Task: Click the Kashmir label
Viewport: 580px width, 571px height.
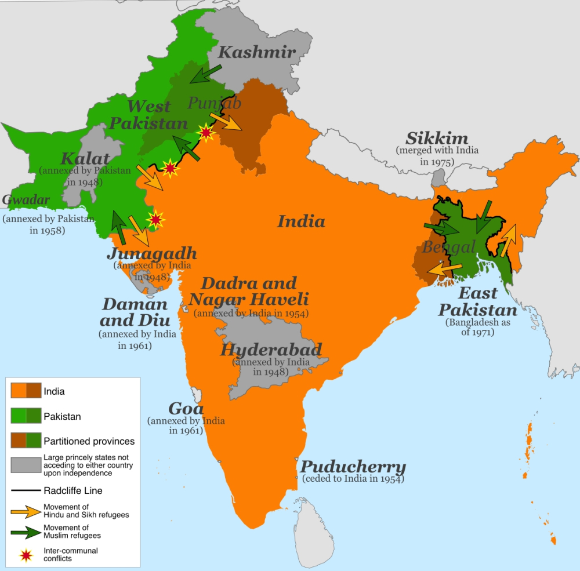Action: pos(256,52)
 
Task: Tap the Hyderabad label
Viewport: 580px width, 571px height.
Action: pos(271,350)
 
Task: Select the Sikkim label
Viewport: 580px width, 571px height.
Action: pos(437,138)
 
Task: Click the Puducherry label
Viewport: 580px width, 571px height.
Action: pos(353,467)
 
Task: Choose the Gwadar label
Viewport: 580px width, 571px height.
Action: pos(26,200)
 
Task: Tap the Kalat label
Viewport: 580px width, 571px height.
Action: pos(85,158)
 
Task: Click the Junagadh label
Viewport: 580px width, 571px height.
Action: pos(151,253)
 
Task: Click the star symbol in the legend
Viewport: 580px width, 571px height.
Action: pos(26,555)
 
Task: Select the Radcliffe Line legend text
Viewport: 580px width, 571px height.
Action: pos(73,490)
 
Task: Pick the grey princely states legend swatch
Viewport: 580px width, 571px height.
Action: pos(26,465)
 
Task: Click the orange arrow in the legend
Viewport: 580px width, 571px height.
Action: pos(26,511)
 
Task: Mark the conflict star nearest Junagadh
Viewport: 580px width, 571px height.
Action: pos(155,219)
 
